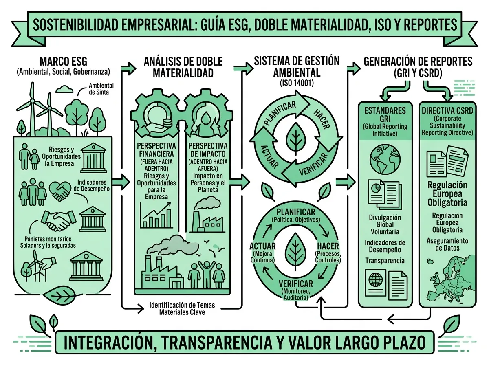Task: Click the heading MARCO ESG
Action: (63, 61)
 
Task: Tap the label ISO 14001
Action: (297, 83)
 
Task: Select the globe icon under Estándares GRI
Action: (385, 159)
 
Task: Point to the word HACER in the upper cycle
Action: (322, 119)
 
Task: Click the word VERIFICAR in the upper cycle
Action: (314, 164)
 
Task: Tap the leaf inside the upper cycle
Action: (296, 139)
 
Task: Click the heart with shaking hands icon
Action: (59, 191)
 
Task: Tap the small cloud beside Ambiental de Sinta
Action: (64, 89)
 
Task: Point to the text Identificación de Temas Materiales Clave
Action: (182, 308)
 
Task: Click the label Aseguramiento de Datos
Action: (447, 244)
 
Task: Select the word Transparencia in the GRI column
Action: (385, 261)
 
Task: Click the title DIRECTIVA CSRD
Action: (447, 111)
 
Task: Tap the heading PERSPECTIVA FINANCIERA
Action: (156, 150)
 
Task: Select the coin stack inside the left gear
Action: (167, 123)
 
